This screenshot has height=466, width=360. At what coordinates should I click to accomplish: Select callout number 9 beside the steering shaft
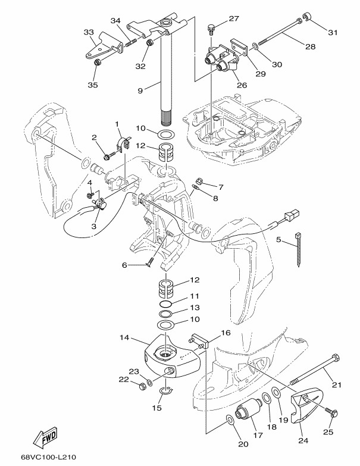click(140, 91)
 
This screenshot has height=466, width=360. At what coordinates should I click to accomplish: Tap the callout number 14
click(124, 337)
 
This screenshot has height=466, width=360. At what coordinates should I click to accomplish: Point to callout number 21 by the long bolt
click(337, 385)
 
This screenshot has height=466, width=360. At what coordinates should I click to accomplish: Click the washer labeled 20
click(230, 421)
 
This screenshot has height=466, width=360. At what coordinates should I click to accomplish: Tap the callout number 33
click(89, 32)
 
